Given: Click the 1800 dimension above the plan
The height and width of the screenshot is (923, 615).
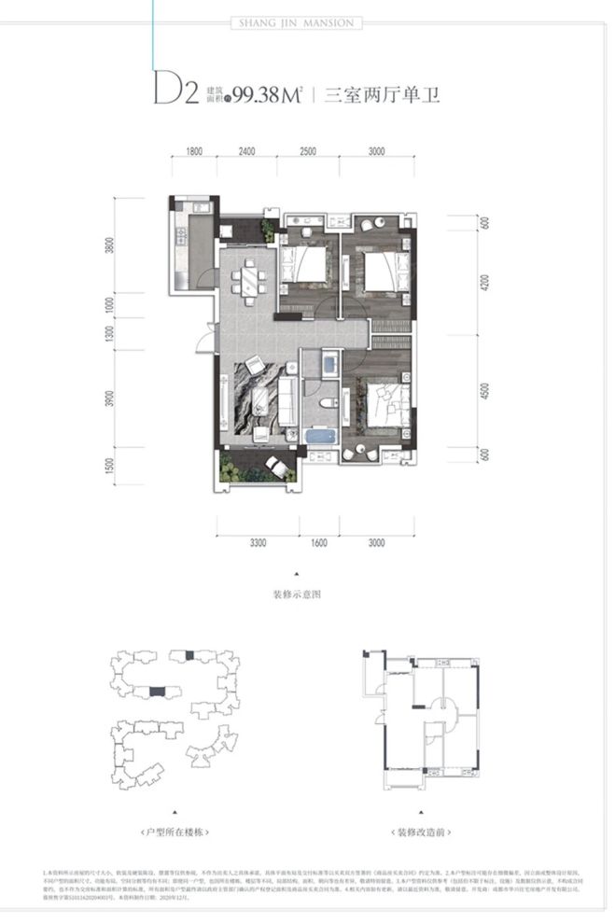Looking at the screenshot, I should (x=194, y=150).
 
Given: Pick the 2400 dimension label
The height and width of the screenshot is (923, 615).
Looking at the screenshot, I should (x=246, y=150).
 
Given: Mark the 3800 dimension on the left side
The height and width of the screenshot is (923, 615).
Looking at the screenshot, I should (x=110, y=247).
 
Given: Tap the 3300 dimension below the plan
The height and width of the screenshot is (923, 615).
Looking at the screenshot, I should (x=259, y=541).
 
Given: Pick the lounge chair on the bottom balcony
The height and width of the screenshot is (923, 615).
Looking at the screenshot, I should (x=276, y=465).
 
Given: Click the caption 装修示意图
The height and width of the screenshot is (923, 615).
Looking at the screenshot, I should (x=297, y=593).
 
